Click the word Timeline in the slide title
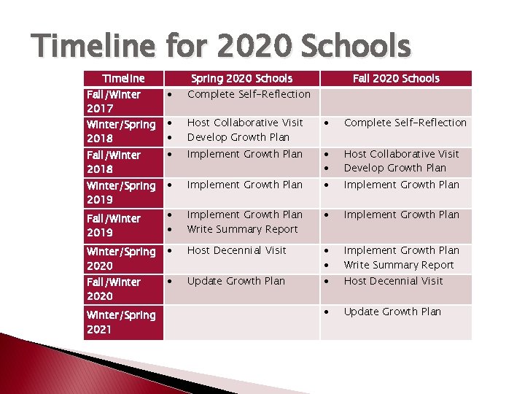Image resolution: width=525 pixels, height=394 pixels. pos(94,47)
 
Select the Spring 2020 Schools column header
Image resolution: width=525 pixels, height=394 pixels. pos(241,78)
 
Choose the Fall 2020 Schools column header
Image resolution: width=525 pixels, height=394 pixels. pos(396,78)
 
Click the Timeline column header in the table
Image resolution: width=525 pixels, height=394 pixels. pos(123,78)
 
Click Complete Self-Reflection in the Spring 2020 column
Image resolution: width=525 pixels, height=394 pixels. pos(249,94)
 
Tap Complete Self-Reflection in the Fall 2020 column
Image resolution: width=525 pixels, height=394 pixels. pos(405,123)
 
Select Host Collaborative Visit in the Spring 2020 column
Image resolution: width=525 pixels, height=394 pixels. pos(245,123)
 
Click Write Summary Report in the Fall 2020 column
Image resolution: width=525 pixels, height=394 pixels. pos(399,265)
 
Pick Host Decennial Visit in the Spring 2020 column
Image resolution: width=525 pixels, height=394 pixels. pos(236,250)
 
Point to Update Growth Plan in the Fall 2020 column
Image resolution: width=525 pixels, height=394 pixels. pos(392,312)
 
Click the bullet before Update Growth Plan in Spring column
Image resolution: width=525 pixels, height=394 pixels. pos(169,282)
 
